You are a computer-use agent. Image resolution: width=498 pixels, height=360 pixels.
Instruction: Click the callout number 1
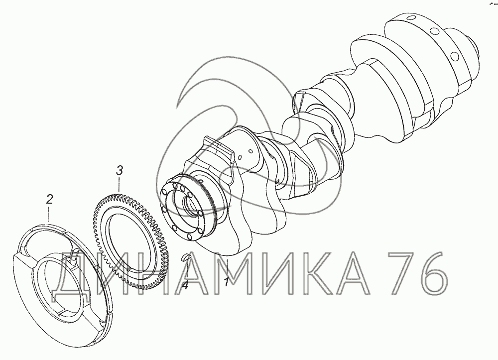227,282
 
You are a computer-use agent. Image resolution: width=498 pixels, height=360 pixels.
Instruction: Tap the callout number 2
49,200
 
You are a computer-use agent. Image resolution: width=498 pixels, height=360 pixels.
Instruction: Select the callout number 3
119,171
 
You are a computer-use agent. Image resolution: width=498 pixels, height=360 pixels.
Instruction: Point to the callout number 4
185,284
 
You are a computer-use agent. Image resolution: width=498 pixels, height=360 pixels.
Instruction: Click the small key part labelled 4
185,257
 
